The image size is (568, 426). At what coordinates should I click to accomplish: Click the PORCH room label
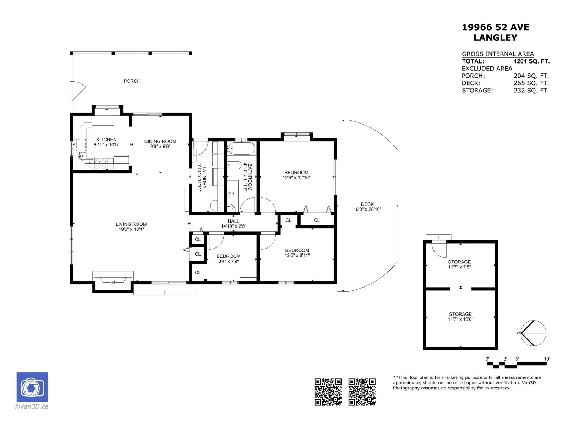click(x=132, y=81)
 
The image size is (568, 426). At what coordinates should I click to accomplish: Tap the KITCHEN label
click(x=106, y=140)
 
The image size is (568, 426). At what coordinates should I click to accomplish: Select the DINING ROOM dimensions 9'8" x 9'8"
click(x=160, y=146)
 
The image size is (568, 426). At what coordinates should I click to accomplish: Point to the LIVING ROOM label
click(x=131, y=224)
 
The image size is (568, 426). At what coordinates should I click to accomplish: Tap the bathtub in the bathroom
click(x=241, y=148)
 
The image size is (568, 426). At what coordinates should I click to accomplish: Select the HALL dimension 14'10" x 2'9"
click(x=233, y=226)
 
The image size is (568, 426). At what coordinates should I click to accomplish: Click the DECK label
click(x=367, y=204)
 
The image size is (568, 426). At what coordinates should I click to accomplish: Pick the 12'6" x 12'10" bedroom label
click(x=296, y=175)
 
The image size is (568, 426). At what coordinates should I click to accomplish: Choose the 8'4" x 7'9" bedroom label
click(x=229, y=258)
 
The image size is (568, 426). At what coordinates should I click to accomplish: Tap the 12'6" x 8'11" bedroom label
click(x=297, y=253)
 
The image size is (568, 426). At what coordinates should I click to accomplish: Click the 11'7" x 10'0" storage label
click(x=460, y=317)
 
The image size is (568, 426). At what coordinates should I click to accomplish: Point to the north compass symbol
click(x=533, y=333)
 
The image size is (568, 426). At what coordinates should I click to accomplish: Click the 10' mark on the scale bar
click(x=546, y=359)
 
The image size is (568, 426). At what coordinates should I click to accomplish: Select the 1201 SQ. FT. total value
click(x=531, y=61)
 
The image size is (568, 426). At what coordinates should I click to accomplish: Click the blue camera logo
click(x=32, y=387)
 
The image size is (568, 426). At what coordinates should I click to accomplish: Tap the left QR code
click(x=328, y=392)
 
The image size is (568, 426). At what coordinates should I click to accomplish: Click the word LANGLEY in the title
click(x=495, y=38)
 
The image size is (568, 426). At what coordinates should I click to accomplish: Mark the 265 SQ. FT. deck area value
click(x=531, y=83)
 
